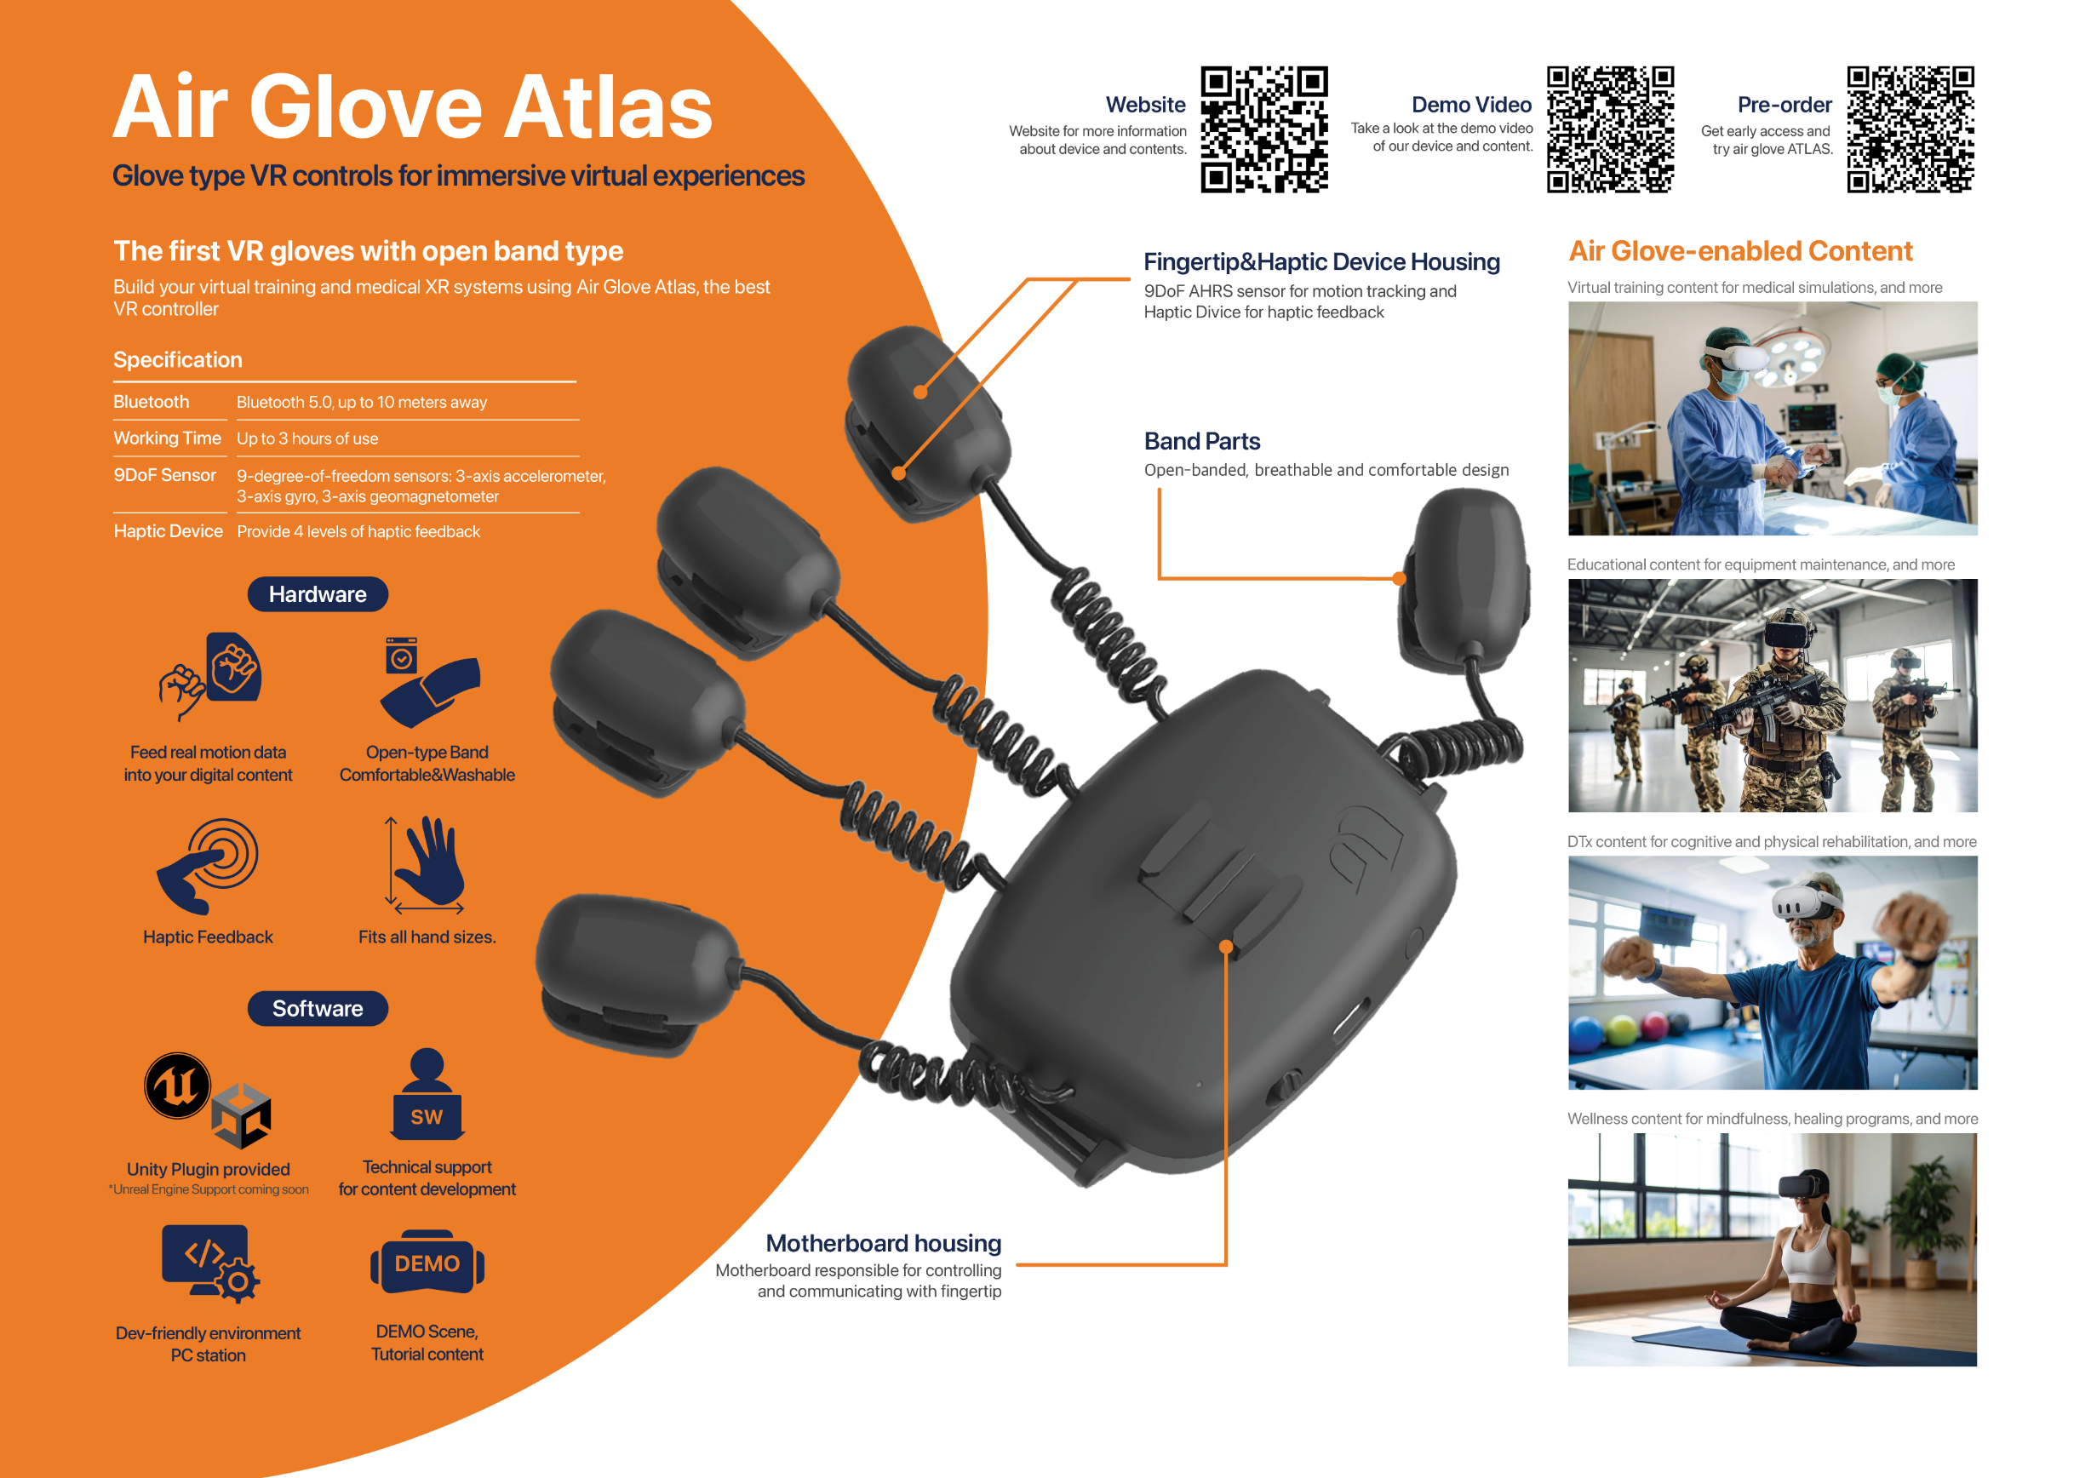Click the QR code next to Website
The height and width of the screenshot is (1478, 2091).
click(x=1264, y=129)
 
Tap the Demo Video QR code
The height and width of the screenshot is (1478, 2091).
click(x=1610, y=129)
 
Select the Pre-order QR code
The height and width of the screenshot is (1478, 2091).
click(x=1911, y=129)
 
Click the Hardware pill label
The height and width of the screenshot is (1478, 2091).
click(x=318, y=594)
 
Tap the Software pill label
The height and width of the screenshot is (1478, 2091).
click(x=318, y=1008)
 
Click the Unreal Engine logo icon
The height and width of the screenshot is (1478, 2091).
click(x=178, y=1085)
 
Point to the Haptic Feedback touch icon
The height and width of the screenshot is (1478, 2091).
click(x=209, y=866)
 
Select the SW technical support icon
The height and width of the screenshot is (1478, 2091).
click(x=427, y=1095)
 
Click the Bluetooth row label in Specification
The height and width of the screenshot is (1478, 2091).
click(x=152, y=402)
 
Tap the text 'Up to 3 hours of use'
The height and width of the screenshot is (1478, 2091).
click(x=308, y=438)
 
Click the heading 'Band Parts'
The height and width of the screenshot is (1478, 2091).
click(x=1202, y=442)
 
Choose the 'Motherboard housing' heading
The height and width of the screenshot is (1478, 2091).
click(x=884, y=1243)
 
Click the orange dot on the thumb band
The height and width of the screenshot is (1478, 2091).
click(x=1400, y=578)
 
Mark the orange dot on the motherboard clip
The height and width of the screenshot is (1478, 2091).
click(x=1226, y=947)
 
